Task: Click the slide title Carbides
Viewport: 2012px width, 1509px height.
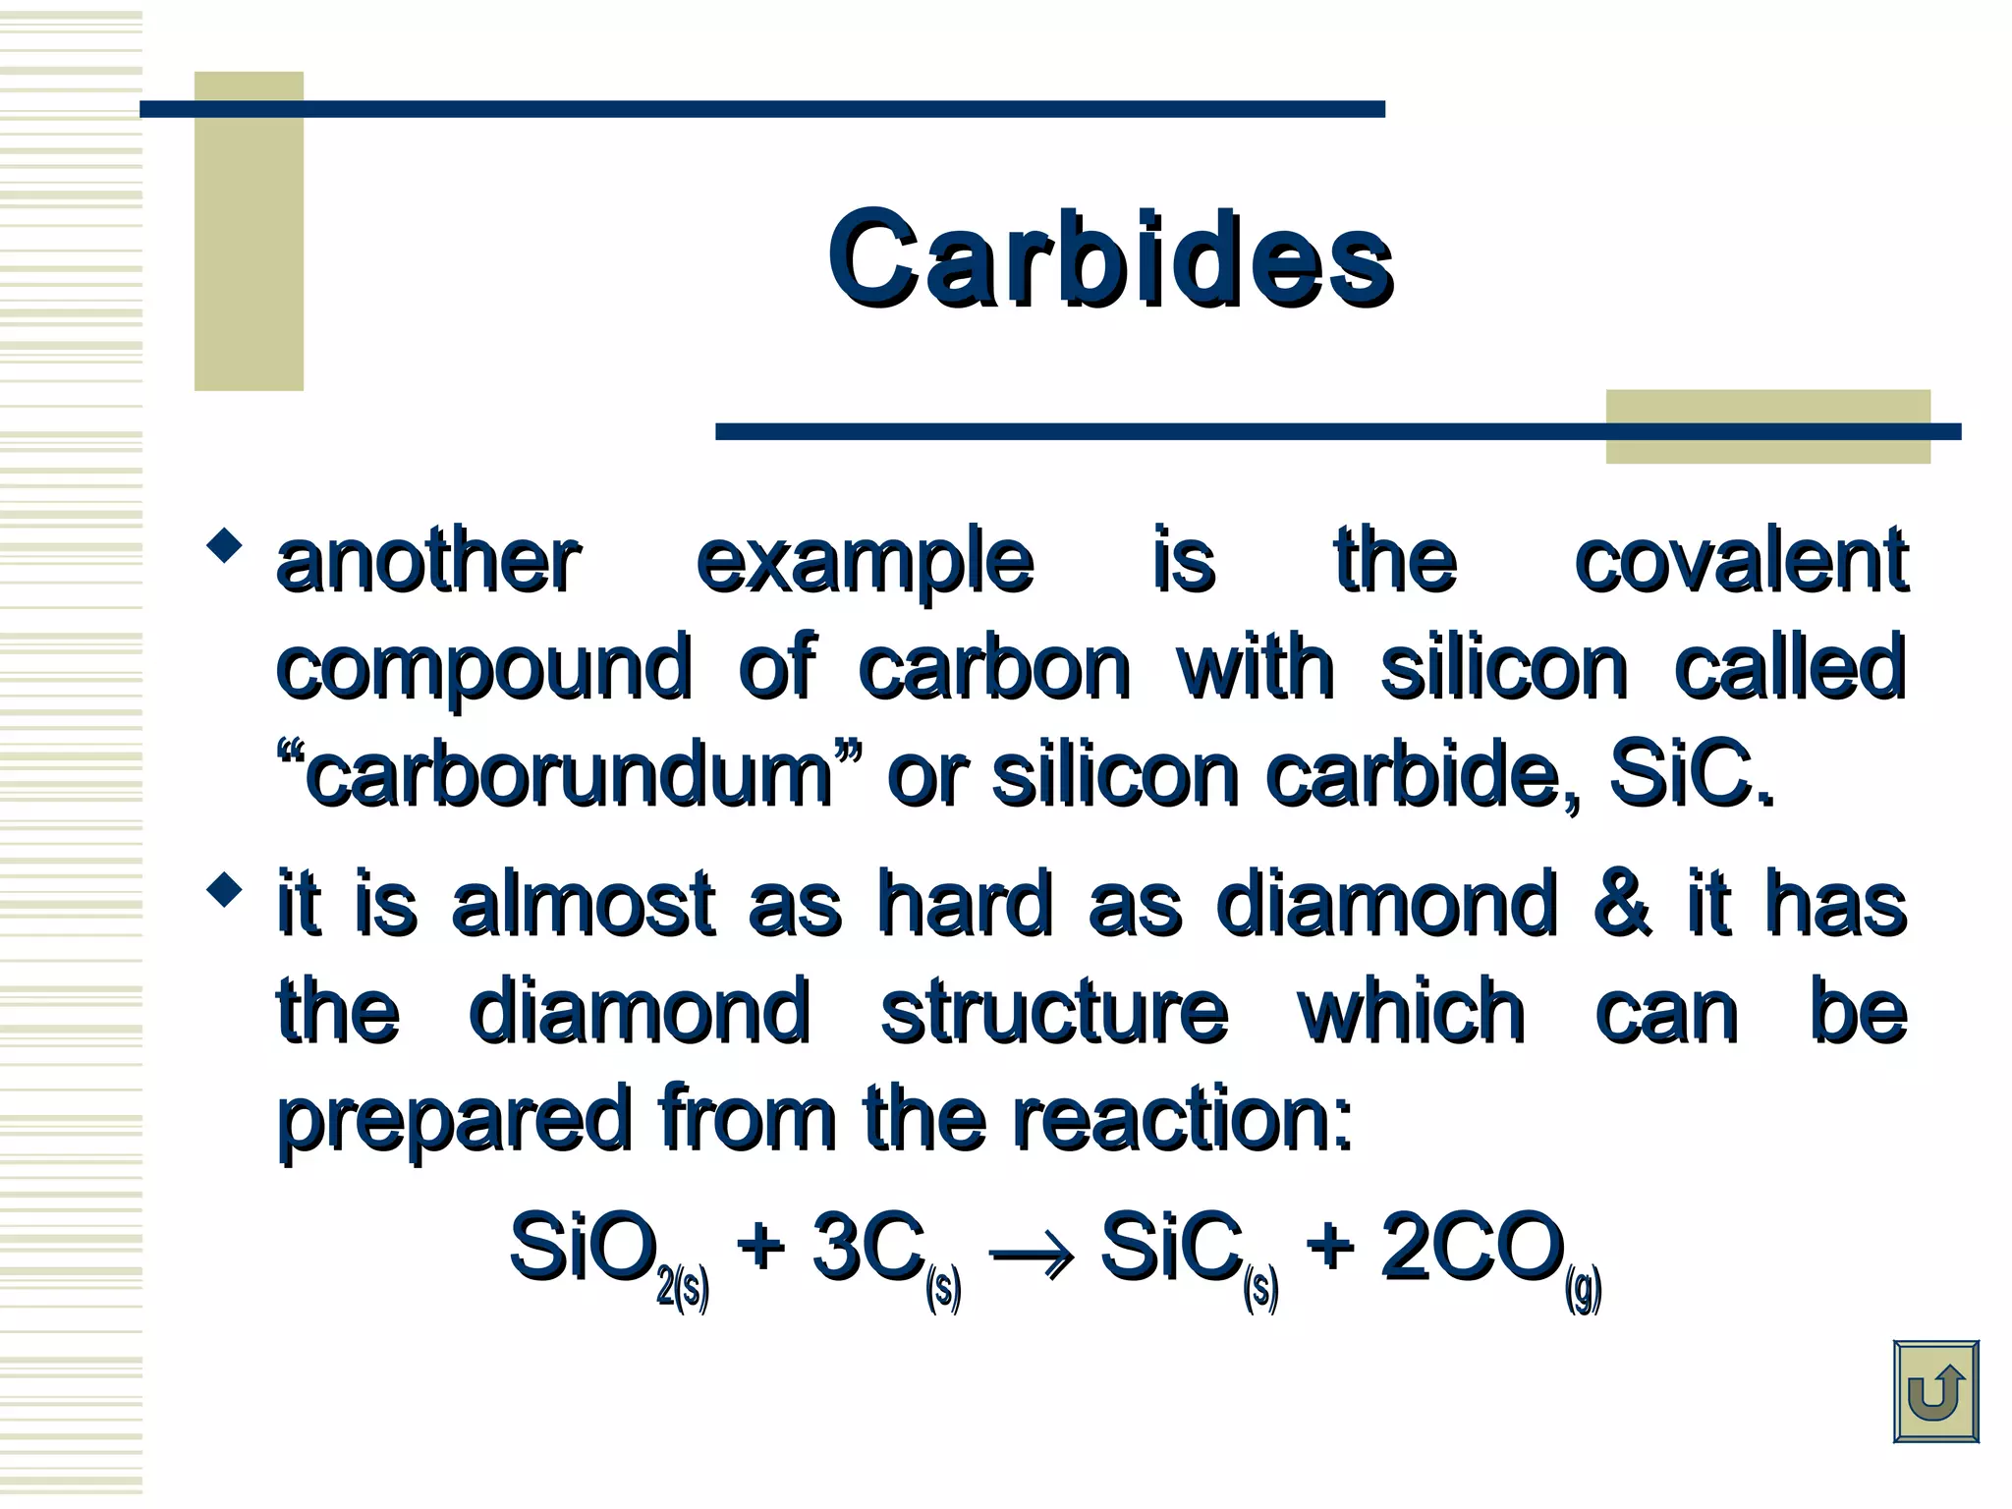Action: click(x=1110, y=259)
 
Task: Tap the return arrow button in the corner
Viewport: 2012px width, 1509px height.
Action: click(x=1934, y=1391)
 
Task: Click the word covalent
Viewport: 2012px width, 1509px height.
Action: click(x=1741, y=562)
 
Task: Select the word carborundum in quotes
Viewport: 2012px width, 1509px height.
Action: click(x=570, y=776)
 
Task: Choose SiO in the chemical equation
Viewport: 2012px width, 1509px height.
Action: click(x=584, y=1248)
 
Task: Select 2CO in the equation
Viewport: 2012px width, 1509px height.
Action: click(x=1472, y=1248)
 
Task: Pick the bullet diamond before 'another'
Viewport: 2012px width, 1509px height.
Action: click(x=225, y=545)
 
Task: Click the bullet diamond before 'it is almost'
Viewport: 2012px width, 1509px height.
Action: click(x=225, y=889)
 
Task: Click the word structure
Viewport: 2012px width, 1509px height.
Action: click(x=1054, y=1012)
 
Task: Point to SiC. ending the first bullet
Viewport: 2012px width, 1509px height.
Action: click(x=1692, y=776)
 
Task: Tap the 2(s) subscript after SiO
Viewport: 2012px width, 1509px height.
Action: click(x=683, y=1287)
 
